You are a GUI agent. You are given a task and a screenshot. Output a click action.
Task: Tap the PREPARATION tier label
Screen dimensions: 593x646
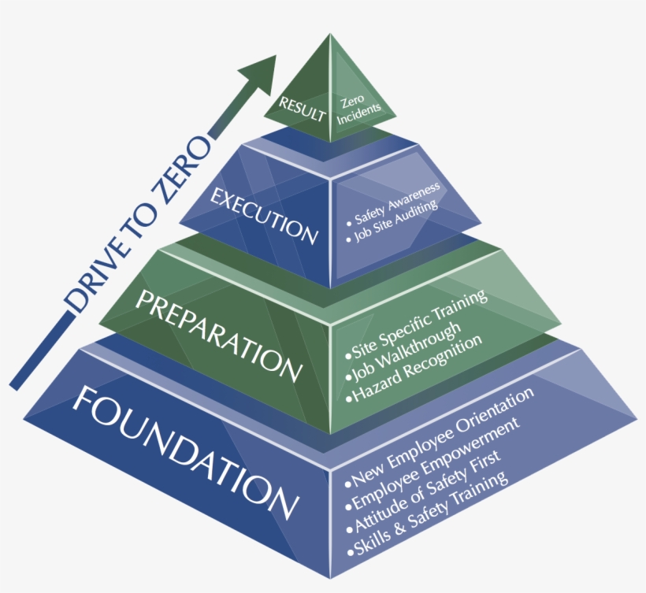pyautogui.click(x=219, y=330)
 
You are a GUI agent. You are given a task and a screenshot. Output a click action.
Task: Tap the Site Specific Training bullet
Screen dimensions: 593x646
pyautogui.click(x=418, y=321)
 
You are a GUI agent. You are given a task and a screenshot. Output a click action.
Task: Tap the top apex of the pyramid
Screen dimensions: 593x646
pyautogui.click(x=330, y=36)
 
